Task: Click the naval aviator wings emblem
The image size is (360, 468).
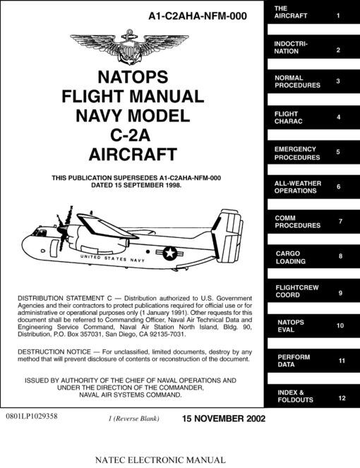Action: coord(129,47)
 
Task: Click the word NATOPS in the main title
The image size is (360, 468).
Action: coord(133,77)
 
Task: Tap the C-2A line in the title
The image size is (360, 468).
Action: coord(130,136)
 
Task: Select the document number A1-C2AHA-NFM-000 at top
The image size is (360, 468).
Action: coord(198,16)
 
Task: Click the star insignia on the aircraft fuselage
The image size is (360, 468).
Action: coord(170,253)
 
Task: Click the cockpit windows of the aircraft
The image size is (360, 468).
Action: coord(40,232)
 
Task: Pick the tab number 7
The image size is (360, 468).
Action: coord(340,222)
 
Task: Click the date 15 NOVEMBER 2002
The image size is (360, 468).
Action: coord(224,419)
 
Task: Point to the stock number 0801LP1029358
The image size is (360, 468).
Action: coord(32,416)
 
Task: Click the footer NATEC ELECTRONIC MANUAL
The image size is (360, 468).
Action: coord(160,460)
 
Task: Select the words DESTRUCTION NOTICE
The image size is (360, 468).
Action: coord(54,352)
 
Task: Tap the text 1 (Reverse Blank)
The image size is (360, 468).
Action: coord(133,419)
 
